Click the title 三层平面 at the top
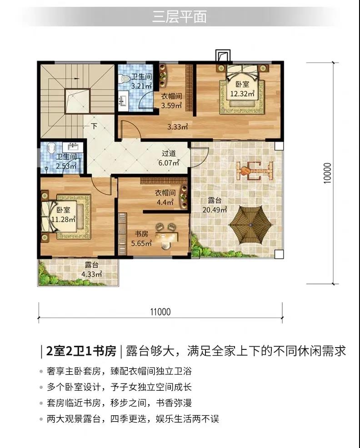179,17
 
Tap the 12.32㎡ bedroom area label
242,94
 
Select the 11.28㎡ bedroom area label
63,219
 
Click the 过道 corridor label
169,154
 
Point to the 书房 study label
141,234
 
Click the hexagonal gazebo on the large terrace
250,225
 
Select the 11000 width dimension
160,312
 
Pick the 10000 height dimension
327,173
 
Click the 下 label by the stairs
94,126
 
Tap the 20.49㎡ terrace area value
215,210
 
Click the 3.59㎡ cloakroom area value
171,105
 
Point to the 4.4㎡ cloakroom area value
165,202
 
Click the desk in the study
166,237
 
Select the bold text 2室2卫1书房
81,351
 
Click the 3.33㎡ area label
177,126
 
